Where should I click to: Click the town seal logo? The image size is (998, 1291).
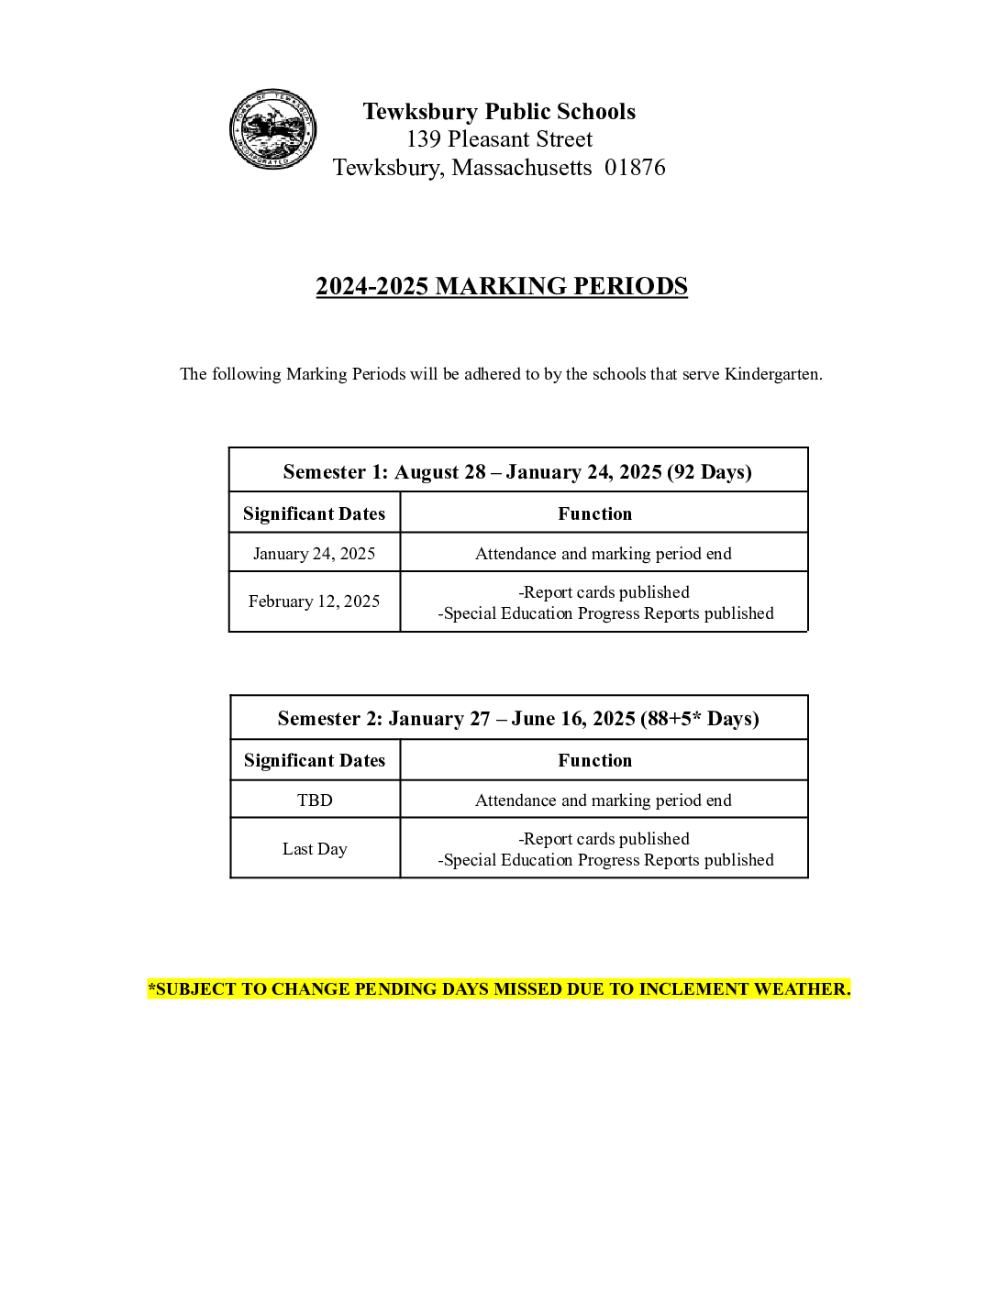coord(272,129)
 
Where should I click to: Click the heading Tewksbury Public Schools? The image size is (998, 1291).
coord(499,112)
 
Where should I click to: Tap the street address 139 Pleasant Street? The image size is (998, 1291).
coord(499,139)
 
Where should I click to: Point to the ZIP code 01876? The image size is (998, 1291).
coord(635,168)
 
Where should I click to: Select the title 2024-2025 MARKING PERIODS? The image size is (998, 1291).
coord(502,286)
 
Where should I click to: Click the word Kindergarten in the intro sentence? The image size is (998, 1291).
coord(772,374)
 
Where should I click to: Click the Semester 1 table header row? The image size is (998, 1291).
coord(517,471)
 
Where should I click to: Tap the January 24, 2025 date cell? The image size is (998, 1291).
coord(314,554)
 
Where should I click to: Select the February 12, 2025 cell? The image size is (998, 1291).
coord(314,601)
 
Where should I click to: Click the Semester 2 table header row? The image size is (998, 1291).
coord(518,718)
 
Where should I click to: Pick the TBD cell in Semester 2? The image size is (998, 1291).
coord(315,800)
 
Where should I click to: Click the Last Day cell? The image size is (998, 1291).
coord(315,849)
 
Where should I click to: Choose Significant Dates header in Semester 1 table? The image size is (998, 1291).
coord(314,513)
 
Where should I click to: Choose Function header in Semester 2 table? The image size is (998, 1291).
coord(594,760)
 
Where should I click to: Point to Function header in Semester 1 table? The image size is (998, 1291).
coord(594,513)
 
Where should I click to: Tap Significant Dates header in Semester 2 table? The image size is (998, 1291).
coord(315,760)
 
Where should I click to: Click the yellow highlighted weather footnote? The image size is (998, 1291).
coord(499,989)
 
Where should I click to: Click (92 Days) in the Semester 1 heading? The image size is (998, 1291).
coord(709,471)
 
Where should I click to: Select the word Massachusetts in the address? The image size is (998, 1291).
coord(522,168)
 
